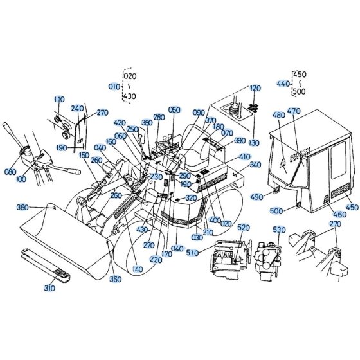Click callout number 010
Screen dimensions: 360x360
(x=114, y=87)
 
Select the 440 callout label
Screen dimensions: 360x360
(x=283, y=84)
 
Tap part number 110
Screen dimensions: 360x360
(x=59, y=100)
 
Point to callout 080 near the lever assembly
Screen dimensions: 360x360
(x=10, y=172)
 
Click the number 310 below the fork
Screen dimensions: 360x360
(x=50, y=288)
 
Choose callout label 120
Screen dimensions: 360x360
(x=255, y=89)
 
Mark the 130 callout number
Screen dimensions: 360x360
(x=254, y=143)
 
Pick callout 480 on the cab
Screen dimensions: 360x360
(x=279, y=115)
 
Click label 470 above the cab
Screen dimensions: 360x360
(x=294, y=111)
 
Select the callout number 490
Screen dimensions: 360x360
(x=256, y=197)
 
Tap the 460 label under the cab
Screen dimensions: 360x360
(x=340, y=215)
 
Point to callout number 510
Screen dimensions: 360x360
(x=192, y=253)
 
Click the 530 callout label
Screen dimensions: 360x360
(x=280, y=230)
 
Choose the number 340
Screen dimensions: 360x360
(x=255, y=165)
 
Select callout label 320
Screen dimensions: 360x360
(x=191, y=198)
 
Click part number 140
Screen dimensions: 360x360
(x=138, y=269)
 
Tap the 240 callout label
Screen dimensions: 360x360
(x=77, y=109)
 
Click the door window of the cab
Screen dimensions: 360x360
(x=338, y=160)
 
